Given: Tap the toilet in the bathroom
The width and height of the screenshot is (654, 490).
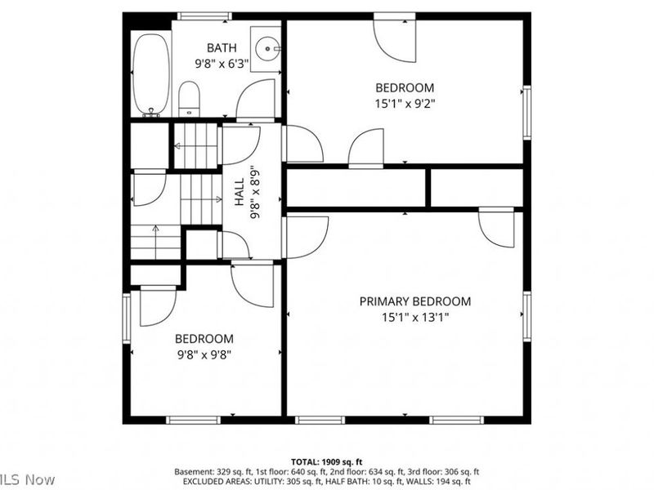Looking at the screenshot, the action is pos(189,99).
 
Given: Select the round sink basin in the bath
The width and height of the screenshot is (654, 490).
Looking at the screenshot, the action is pos(267,49).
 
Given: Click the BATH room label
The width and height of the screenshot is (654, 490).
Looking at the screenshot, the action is pos(222,48).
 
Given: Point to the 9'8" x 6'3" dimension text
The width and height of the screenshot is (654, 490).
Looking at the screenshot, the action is pos(222,64).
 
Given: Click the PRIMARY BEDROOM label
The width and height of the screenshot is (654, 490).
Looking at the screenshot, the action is pos(415,301).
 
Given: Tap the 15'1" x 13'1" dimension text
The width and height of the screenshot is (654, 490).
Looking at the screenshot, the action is pos(415,318).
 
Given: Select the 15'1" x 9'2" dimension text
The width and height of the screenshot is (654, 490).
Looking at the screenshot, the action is pos(405,104).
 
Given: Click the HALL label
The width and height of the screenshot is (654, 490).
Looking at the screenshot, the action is pos(240,192).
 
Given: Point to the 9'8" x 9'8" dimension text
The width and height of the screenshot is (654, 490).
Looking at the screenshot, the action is pos(204,355).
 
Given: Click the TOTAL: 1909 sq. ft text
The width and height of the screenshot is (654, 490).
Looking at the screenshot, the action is pos(326,461).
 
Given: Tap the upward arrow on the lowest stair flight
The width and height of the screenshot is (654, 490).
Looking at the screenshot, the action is pos(155,242).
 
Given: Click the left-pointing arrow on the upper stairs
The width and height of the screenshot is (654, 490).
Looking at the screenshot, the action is pos(195,146).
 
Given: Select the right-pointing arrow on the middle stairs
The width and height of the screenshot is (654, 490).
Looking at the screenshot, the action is pos(201,199).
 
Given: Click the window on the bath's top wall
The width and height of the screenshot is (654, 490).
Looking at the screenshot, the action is pos(204,16).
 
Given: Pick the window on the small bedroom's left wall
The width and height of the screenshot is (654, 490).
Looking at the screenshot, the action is pos(127,318).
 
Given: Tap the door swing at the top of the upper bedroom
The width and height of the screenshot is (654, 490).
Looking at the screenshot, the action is pos(395,38).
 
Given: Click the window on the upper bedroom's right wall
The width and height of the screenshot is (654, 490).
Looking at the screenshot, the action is pos(527,113).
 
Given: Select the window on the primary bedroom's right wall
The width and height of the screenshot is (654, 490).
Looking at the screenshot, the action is pos(527,317).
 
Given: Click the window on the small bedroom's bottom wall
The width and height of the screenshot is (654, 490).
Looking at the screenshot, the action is pos(193,420).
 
